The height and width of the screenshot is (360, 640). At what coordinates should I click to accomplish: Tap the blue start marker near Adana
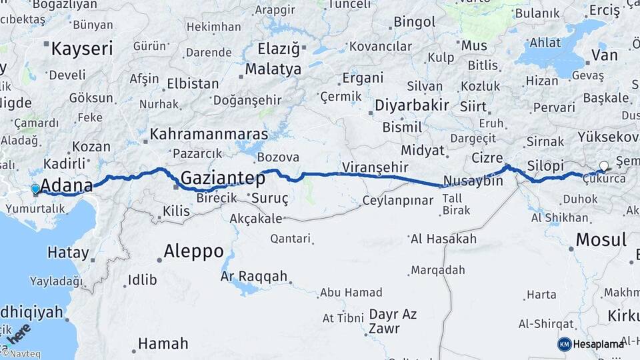click(35, 189)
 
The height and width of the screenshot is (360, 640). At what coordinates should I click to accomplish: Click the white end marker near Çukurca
click(604, 166)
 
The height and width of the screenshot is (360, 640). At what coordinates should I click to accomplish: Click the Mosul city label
click(601, 240)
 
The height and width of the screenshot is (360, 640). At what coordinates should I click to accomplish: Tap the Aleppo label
click(194, 251)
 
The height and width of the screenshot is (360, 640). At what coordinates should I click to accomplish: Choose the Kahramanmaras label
click(209, 134)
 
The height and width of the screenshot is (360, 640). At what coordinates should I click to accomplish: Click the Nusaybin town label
click(473, 181)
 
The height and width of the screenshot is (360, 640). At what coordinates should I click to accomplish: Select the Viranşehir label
click(374, 167)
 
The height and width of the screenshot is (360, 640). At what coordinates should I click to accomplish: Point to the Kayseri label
click(82, 48)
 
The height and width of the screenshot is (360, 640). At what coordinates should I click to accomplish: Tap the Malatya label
click(273, 69)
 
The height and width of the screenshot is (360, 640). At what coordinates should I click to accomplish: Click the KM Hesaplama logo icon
click(564, 344)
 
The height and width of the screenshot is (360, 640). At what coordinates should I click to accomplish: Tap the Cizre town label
click(486, 158)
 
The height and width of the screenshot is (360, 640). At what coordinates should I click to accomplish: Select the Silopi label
click(545, 165)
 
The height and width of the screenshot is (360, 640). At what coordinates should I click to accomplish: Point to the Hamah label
click(163, 344)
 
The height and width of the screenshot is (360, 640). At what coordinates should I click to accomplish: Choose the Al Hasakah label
click(443, 239)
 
